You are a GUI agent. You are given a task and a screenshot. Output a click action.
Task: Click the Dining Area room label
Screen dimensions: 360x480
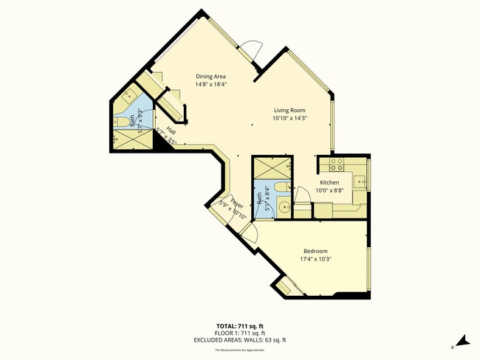pos(210,76)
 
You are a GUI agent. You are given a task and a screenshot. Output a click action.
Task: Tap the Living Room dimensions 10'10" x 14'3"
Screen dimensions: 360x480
pos(289,118)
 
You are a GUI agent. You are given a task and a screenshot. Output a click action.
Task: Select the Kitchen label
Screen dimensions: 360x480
pos(329,182)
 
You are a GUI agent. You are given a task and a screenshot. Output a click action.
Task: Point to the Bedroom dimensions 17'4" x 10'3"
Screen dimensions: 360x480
pos(320,259)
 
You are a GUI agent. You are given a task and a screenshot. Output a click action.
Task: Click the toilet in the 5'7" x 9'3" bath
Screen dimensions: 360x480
pos(120,122)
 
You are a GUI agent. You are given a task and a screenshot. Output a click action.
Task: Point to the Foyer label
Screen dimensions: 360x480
pos(236,202)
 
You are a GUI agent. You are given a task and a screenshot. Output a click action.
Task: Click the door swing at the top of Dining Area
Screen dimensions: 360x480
pos(250,52)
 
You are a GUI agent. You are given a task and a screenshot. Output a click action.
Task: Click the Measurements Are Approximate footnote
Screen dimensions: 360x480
pos(241,350)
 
